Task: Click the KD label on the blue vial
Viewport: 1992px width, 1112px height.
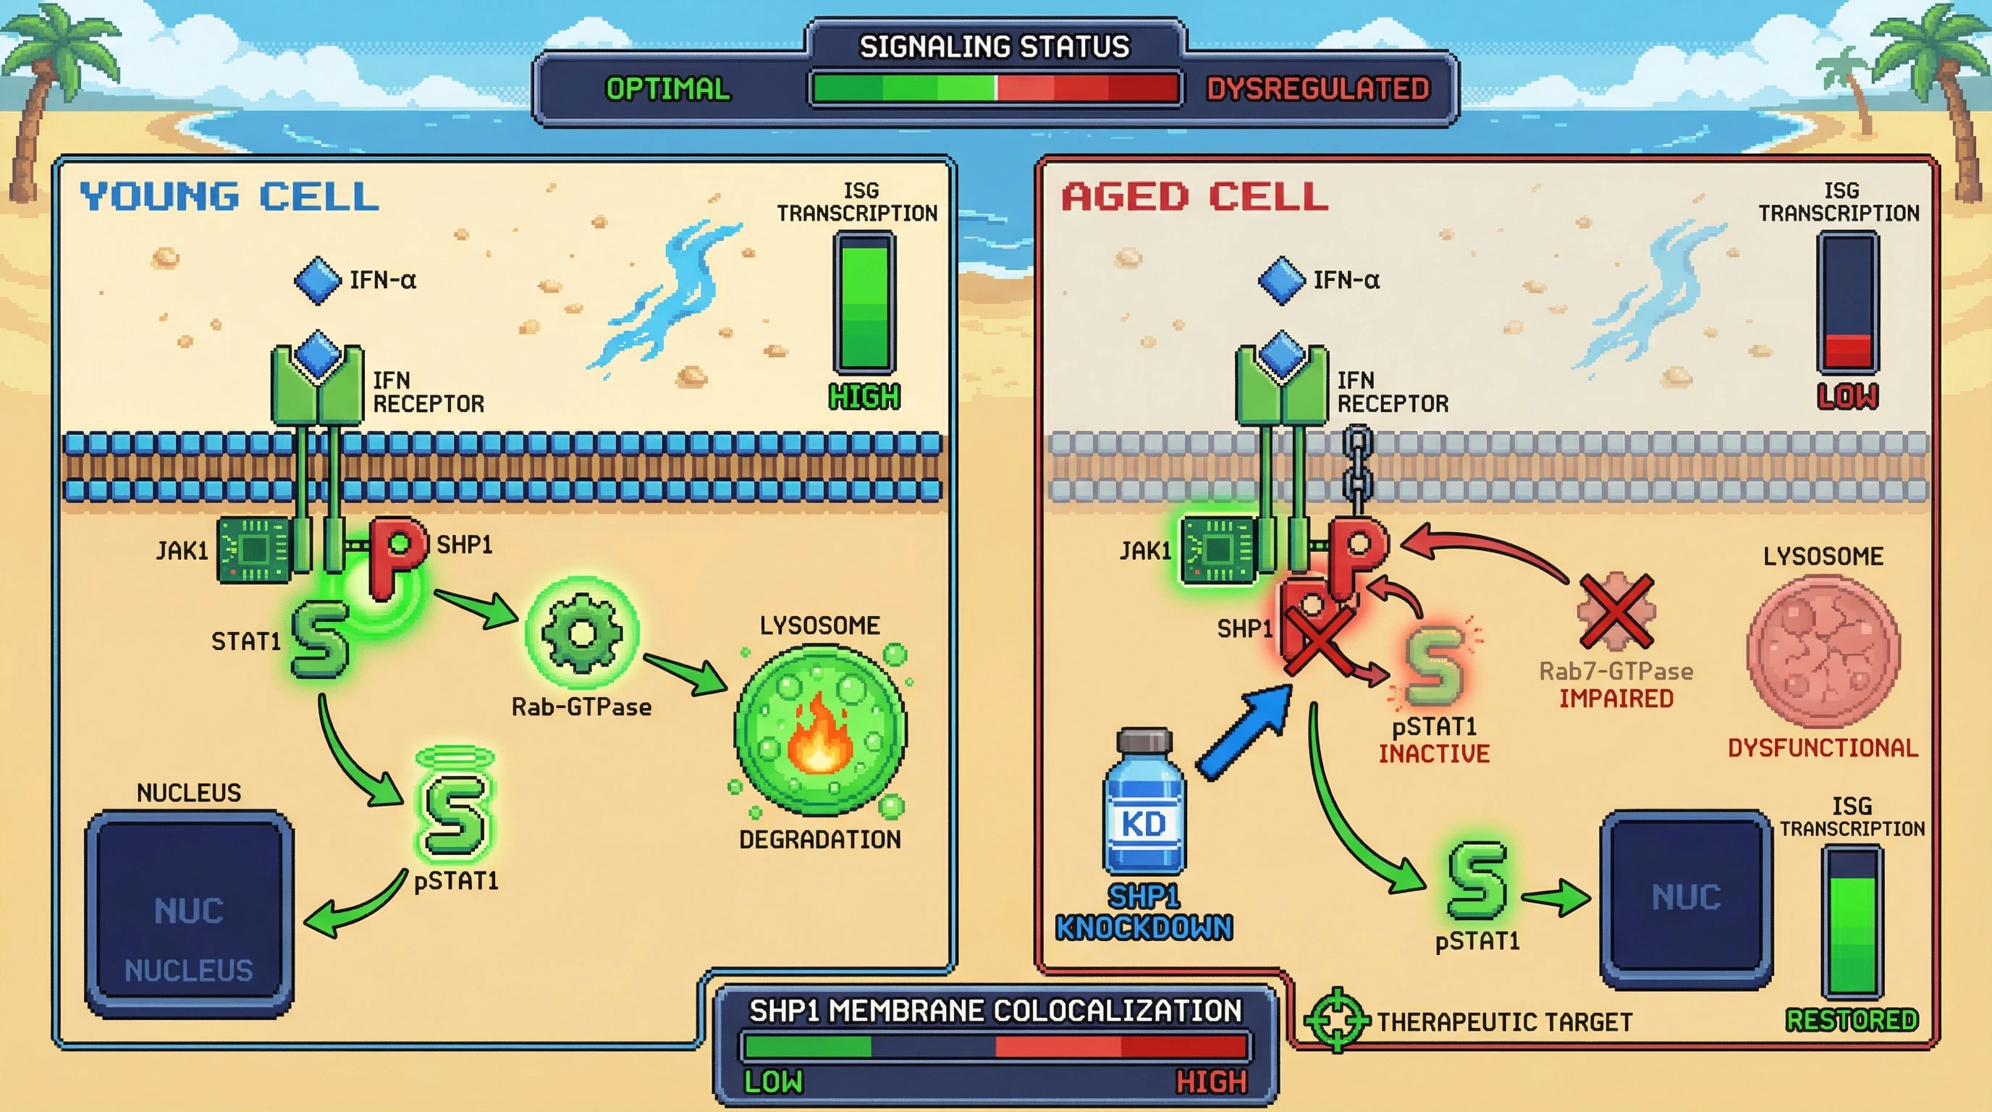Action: (1144, 825)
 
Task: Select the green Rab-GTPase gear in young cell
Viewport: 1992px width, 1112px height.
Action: (582, 632)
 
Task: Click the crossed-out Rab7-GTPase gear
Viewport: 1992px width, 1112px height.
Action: (1616, 611)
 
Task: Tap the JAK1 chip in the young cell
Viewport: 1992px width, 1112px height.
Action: (254, 549)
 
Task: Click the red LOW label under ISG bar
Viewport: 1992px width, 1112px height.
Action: (1847, 396)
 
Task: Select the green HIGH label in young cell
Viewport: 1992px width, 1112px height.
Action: (864, 397)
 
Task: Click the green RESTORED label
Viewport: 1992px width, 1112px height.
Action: (1852, 1020)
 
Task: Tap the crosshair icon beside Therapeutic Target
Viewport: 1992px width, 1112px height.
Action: (1337, 1020)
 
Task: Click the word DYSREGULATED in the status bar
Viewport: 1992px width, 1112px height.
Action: (1317, 89)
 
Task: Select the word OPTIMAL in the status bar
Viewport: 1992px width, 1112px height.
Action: (667, 89)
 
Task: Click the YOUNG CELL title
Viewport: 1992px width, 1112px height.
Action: (229, 196)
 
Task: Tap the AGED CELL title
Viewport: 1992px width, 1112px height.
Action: (1195, 196)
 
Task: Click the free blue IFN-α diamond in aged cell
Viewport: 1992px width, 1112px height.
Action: (1281, 280)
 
